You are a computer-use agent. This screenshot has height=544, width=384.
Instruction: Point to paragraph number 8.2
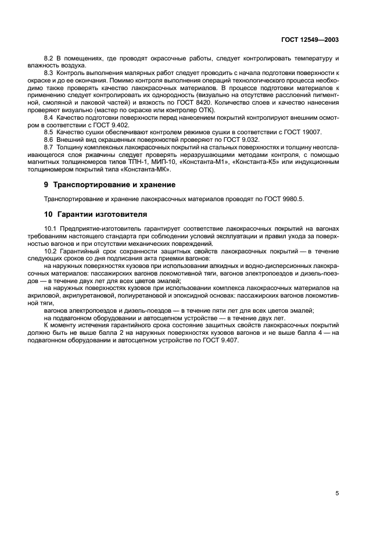tap(49, 59)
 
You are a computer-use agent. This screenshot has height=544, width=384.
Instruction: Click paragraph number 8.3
tap(49, 73)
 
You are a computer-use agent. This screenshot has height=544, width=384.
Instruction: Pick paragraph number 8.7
tap(49, 148)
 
